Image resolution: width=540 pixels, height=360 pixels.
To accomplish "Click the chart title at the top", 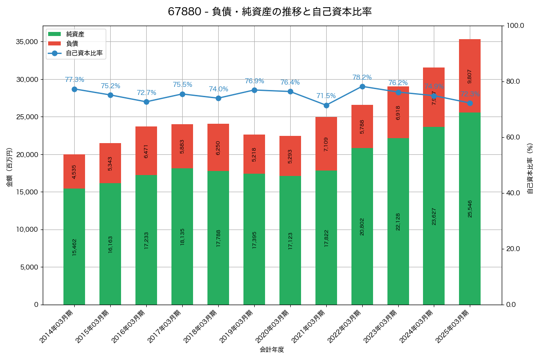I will point(270,12).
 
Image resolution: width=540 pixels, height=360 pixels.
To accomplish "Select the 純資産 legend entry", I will point(75,34).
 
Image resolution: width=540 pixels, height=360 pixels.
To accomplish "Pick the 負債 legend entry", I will point(72,44).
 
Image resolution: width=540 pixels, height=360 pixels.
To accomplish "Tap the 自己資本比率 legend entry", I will point(84,53).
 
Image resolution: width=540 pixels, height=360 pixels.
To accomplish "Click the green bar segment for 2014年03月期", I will point(74,246).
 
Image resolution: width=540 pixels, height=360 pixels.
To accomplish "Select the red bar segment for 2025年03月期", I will point(470,76).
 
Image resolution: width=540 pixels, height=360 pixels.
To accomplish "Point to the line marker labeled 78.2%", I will point(362,86).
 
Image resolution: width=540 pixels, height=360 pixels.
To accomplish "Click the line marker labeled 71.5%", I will point(326,105).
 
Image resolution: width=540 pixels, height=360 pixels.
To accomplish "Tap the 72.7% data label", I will point(146,93).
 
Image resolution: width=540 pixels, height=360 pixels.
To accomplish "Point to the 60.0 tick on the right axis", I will point(513,137).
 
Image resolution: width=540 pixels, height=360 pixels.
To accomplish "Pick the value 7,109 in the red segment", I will point(326,144).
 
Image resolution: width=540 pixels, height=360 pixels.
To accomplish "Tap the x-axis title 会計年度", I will point(272,350).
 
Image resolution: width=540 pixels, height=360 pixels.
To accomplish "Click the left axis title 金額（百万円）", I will point(9,167).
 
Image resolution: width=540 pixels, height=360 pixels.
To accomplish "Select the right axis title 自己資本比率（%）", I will point(530,168).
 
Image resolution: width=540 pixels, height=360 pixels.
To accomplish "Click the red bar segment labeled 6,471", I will point(146,151).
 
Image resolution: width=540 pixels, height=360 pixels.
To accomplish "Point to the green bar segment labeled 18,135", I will point(182,236).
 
